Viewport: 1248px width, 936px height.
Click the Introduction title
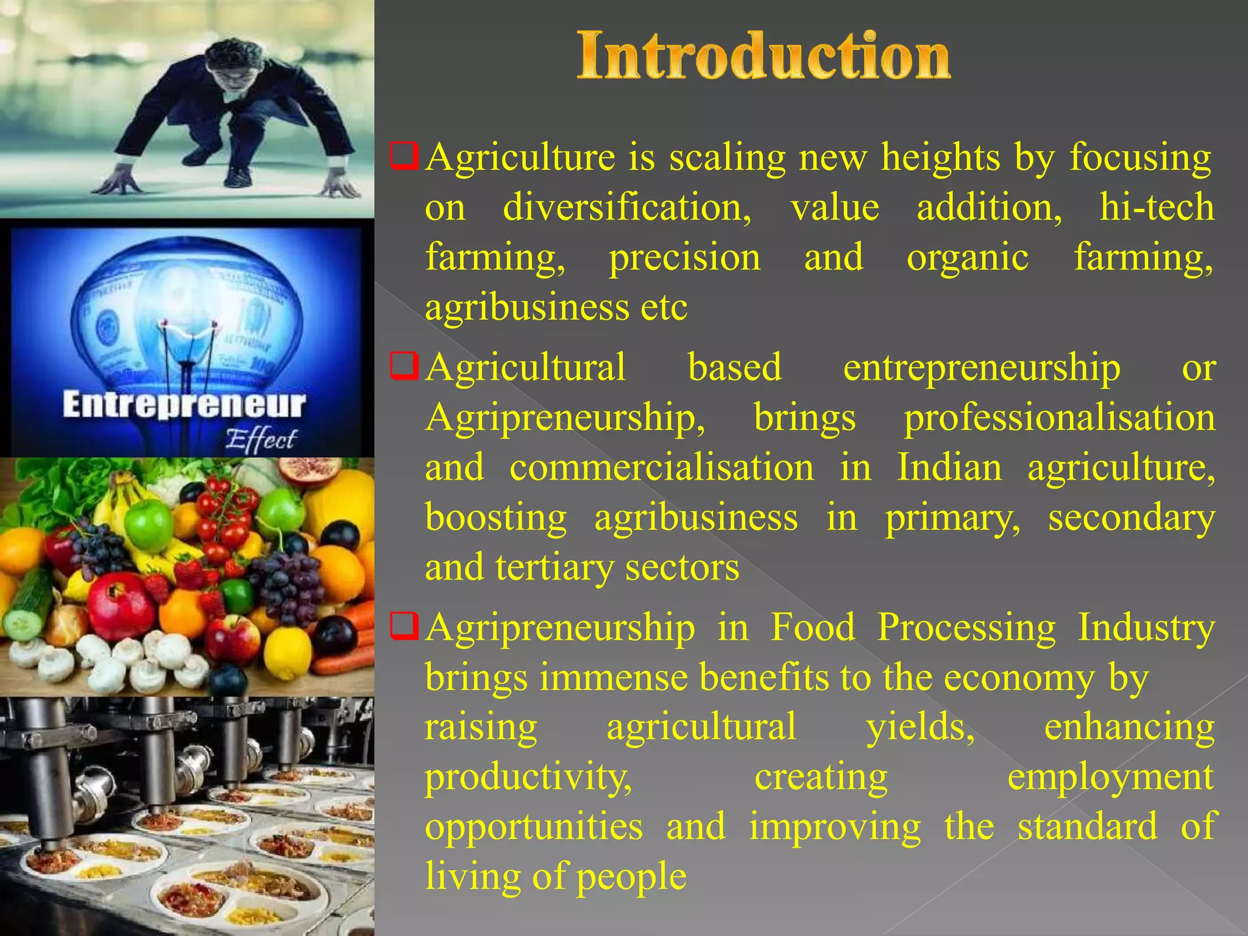(x=763, y=56)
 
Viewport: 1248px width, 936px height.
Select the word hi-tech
(x=1156, y=208)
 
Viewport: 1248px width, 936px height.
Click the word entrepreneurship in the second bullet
(x=981, y=368)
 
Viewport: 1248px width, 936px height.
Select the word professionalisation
(x=1059, y=419)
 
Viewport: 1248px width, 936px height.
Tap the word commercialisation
(x=661, y=468)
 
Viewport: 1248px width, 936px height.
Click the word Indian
(x=949, y=468)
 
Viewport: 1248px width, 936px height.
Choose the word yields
(x=920, y=728)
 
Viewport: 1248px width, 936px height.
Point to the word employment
(x=1110, y=778)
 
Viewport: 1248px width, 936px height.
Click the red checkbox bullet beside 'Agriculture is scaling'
(x=404, y=157)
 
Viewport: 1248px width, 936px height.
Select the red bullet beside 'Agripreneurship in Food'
(x=404, y=626)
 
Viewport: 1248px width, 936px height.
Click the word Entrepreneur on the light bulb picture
(x=183, y=406)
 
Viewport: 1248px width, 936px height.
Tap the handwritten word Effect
(x=261, y=440)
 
